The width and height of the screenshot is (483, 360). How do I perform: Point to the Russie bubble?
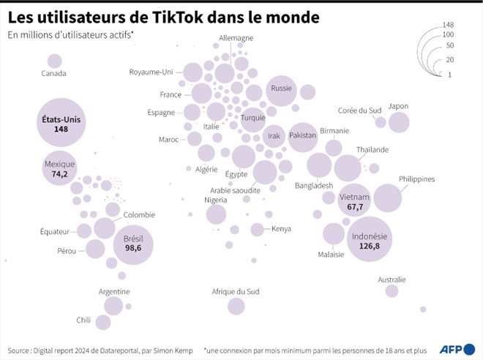pos(281,89)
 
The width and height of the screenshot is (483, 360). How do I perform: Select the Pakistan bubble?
pos(302,136)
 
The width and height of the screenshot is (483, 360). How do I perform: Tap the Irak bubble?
pos(274,136)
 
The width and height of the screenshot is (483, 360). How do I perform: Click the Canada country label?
pos(53,73)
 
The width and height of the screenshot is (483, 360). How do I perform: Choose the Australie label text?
pos(392,280)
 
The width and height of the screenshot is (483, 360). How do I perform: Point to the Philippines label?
pos(417,179)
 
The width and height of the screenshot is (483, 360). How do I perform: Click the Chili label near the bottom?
pos(83,320)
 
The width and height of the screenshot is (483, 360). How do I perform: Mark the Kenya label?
pos(281,229)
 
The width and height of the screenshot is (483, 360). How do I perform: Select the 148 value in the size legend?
pos(458,26)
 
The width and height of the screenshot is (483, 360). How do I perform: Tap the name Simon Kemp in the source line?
pos(172,350)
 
